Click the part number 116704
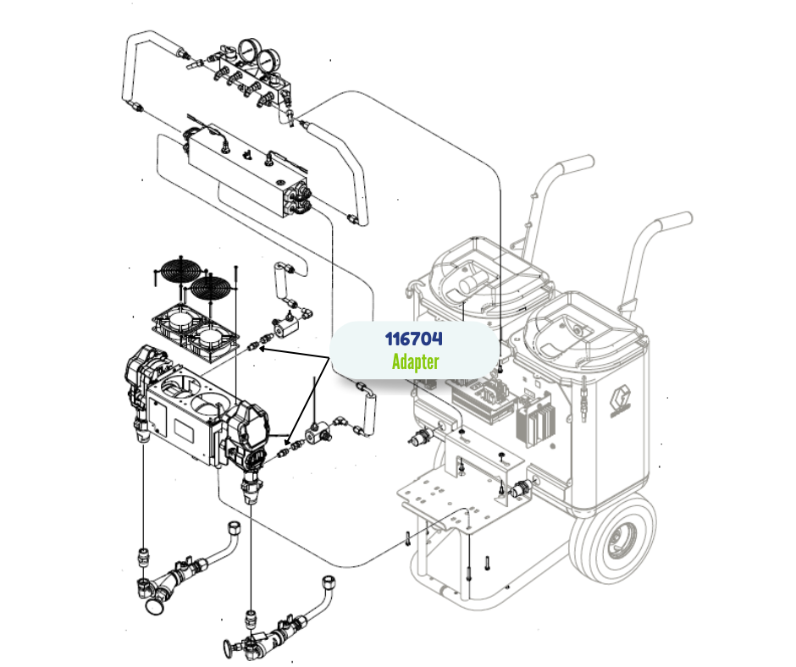(414, 339)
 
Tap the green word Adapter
(415, 362)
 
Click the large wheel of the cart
(613, 541)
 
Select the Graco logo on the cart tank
(622, 401)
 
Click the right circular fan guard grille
(210, 288)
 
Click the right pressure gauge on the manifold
(268, 61)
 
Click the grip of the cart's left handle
(575, 164)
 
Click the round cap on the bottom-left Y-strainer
(155, 607)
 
